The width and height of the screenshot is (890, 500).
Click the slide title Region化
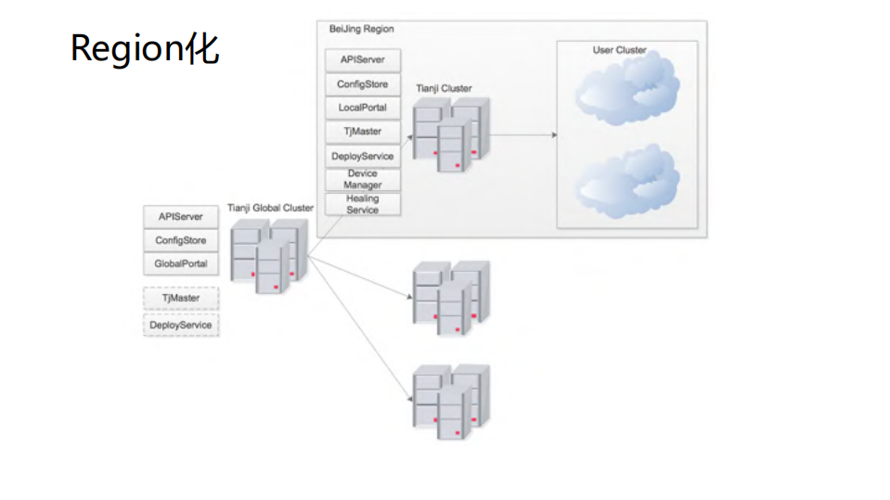point(145,48)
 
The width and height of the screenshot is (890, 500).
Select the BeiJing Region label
point(361,30)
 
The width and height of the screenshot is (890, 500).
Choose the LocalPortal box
point(363,108)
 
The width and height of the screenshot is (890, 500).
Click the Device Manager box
point(363,179)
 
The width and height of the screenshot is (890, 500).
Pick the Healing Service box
point(363,204)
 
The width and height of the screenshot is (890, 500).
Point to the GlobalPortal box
point(181,264)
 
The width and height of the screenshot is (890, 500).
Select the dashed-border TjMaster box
point(181,299)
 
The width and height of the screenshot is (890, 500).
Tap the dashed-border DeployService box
point(181,326)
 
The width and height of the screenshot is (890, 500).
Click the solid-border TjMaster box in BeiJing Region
point(363,132)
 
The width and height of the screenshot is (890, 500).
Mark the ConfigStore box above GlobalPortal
point(181,240)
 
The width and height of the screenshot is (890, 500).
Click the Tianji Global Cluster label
point(270,208)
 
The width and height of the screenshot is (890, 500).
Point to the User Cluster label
point(619,50)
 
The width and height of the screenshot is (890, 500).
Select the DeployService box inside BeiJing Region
point(363,156)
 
